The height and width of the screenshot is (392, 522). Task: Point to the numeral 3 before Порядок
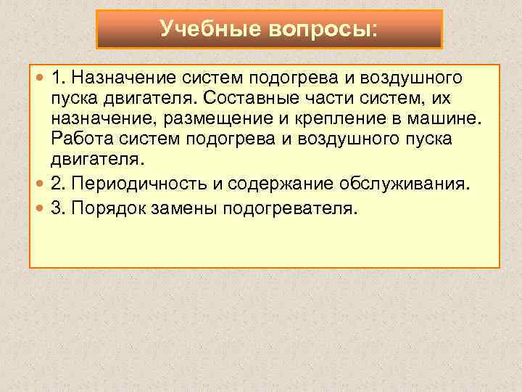coord(57,209)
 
